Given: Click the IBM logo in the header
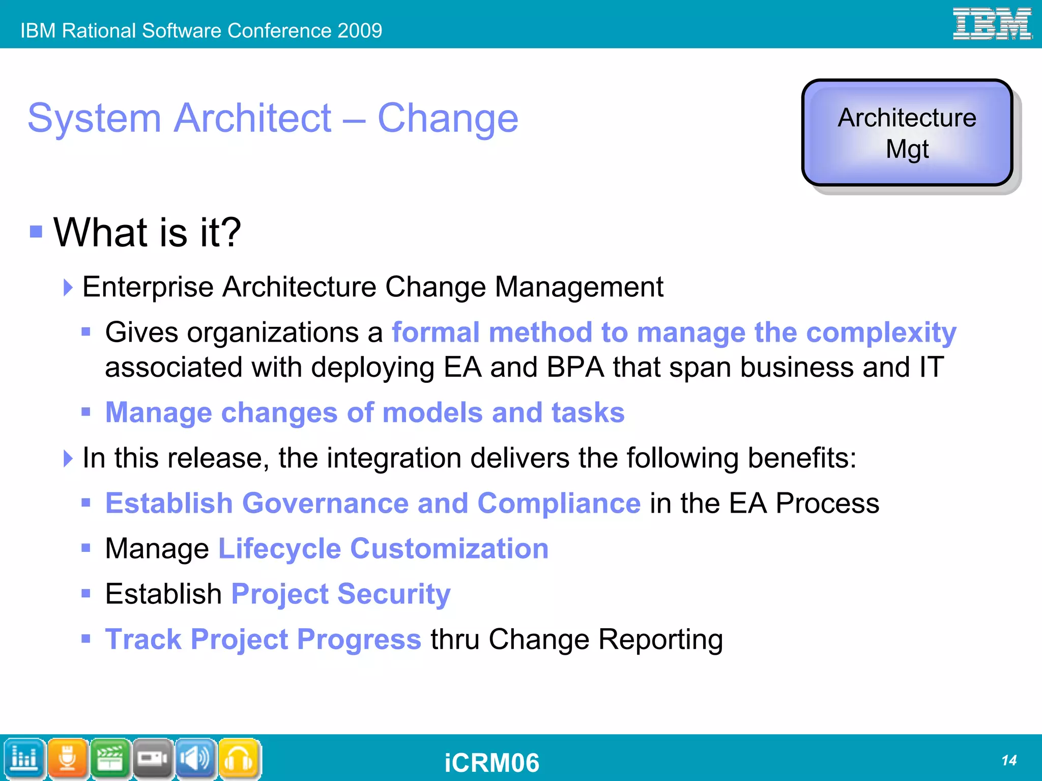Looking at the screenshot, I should [992, 24].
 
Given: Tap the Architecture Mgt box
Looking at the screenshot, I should [907, 133].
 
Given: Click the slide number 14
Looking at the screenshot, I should [1008, 761].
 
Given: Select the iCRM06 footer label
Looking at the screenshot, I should [491, 763].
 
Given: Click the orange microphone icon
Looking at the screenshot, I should [68, 759].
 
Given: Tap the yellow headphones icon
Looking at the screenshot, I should [239, 759].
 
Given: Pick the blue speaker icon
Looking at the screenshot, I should [196, 759].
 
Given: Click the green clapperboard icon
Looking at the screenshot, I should [110, 759].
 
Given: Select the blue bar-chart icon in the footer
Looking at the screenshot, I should [24, 759].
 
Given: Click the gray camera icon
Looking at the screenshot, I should [153, 759].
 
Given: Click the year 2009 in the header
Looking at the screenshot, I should [359, 31].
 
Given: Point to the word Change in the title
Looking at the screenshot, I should [448, 118].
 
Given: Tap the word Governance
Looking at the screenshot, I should [326, 503].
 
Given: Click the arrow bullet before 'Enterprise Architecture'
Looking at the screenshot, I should [68, 287].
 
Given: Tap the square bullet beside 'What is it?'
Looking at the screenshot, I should [36, 232].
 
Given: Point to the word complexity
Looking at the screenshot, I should [881, 333].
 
